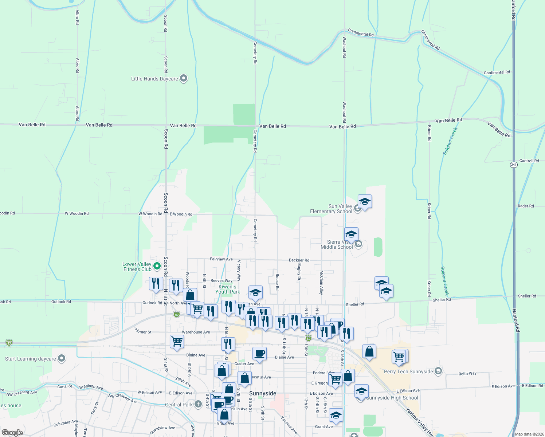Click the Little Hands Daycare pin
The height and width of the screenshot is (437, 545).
point(184,78)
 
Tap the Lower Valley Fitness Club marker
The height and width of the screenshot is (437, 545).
point(157,266)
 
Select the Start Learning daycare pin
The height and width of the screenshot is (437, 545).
point(62,359)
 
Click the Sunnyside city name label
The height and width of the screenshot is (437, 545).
point(263,393)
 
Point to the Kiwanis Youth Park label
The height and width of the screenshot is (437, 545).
point(227,289)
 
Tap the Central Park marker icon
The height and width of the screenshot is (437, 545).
point(198,404)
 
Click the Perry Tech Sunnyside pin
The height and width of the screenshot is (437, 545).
point(438,371)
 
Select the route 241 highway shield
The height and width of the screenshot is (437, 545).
point(514,165)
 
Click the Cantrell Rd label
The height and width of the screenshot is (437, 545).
point(529,161)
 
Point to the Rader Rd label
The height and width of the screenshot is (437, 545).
point(526,206)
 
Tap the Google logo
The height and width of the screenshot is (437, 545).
point(12,433)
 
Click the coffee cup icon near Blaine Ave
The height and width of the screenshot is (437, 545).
point(259,354)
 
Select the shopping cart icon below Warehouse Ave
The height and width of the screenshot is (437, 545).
point(177,342)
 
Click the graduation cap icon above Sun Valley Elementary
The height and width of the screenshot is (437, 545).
point(365,201)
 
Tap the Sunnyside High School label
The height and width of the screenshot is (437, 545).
point(392,398)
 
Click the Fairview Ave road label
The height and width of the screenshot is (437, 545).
point(221,259)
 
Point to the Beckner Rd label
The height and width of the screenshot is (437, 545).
point(299,260)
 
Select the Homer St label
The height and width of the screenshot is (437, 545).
point(143,331)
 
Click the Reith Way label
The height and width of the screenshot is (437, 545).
point(467,374)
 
